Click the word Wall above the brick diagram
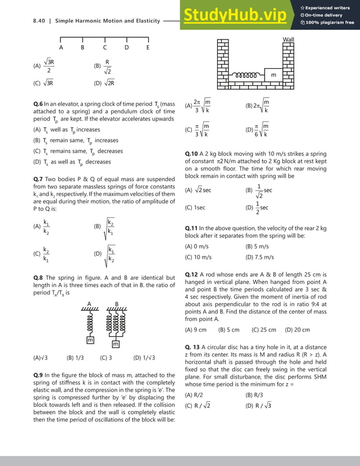click(x=289, y=38)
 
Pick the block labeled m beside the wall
click(x=273, y=75)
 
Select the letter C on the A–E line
click(x=104, y=47)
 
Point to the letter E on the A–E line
click(x=148, y=47)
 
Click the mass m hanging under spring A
click(x=90, y=340)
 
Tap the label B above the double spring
click(x=117, y=304)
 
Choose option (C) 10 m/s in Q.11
click(x=199, y=257)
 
